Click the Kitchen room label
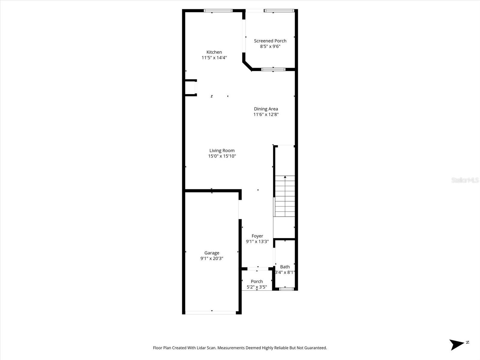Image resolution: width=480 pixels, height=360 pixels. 214,52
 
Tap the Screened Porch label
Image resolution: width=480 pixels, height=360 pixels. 270,41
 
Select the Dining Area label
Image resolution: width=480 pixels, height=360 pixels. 266,109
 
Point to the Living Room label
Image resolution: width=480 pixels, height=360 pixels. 222,151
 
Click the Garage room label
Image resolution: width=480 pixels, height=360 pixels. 212,253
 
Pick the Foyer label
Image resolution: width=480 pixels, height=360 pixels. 257,236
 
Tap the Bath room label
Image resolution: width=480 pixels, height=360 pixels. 285,267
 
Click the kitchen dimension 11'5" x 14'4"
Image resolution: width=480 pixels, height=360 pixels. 214,58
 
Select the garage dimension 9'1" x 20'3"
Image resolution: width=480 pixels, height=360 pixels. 212,258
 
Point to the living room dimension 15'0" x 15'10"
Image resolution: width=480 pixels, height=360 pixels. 222,156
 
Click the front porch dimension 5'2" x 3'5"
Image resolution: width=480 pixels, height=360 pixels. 256,287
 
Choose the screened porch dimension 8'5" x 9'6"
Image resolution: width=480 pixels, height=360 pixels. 270,46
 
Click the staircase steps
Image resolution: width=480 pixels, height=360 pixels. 285,196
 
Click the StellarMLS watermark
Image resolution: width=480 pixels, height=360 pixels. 465,180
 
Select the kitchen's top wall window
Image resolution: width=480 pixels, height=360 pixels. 218,11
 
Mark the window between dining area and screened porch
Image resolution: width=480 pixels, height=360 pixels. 273,69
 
